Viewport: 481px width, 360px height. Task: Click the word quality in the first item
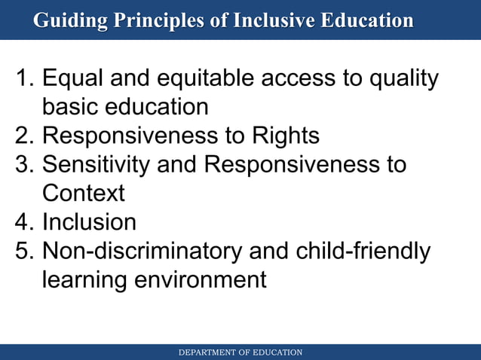pyautogui.click(x=400, y=78)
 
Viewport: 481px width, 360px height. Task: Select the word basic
pyautogui.click(x=72, y=107)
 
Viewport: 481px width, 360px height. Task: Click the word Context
pyautogui.click(x=83, y=193)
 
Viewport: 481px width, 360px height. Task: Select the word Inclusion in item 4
pyautogui.click(x=89, y=222)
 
